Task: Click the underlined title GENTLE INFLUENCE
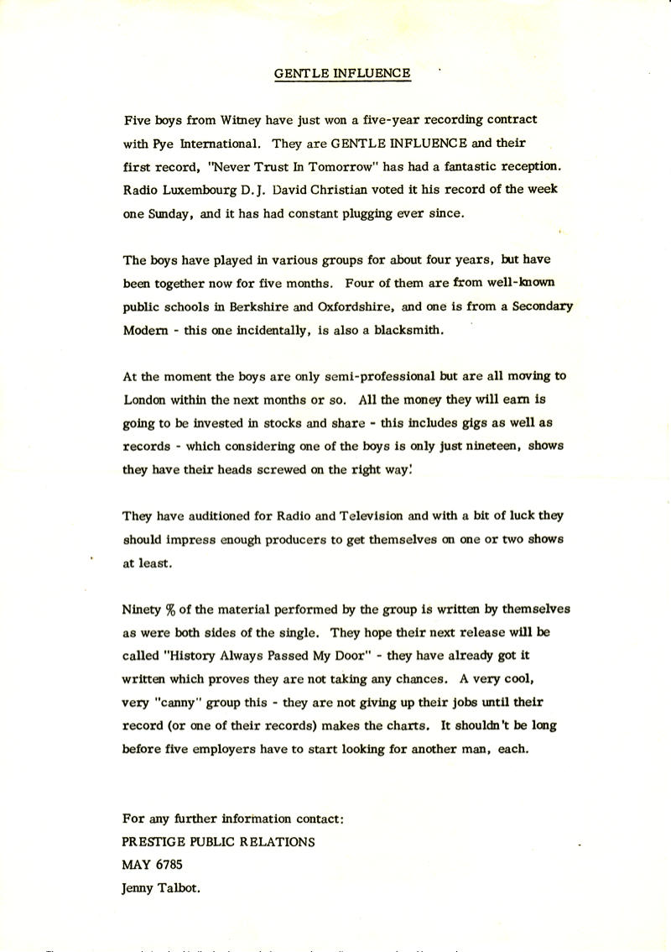(x=343, y=73)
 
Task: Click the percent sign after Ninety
(x=169, y=609)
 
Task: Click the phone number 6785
(x=168, y=864)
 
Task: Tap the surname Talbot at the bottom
(x=185, y=887)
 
